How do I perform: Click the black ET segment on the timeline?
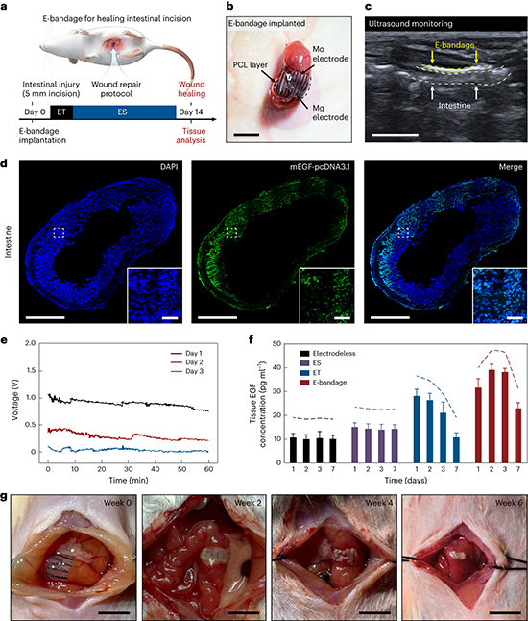[x=61, y=112]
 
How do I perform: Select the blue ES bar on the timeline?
[x=124, y=112]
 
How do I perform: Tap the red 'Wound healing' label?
[x=191, y=89]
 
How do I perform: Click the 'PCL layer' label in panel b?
[x=250, y=65]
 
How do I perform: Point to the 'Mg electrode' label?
[x=330, y=112]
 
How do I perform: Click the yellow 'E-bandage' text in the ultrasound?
[x=454, y=45]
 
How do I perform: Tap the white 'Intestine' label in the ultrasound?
[x=454, y=106]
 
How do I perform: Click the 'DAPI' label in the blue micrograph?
[x=169, y=167]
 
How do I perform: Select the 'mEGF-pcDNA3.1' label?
[x=320, y=167]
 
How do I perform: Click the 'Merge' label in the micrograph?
[x=511, y=167]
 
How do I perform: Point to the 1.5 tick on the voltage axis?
[x=31, y=370]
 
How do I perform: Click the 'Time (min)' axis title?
[x=129, y=480]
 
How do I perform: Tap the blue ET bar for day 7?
[x=456, y=450]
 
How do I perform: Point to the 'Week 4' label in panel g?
[x=379, y=503]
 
